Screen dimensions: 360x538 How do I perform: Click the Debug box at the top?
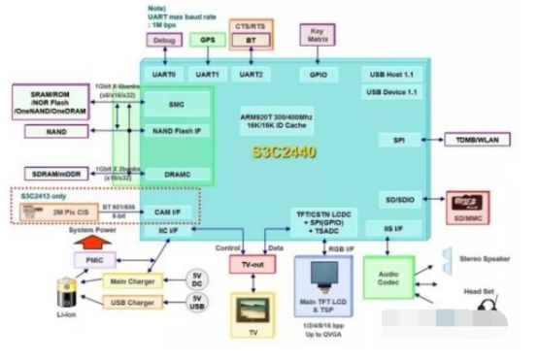click(163, 41)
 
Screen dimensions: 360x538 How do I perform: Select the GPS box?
click(207, 41)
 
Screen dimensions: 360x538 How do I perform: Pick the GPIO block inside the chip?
click(318, 74)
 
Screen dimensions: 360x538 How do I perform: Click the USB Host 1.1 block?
click(392, 75)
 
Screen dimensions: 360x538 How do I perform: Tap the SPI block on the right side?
click(398, 141)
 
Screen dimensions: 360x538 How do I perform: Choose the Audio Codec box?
click(387, 277)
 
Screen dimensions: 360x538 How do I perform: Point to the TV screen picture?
click(253, 312)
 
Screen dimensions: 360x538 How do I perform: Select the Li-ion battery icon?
click(69, 292)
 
